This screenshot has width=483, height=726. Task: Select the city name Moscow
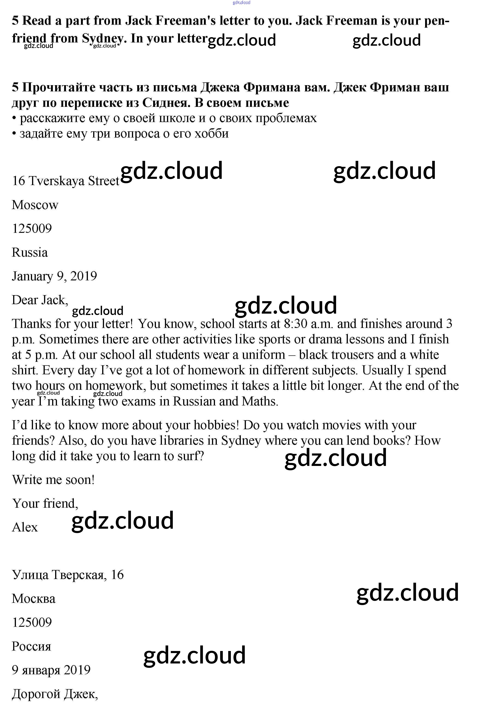[x=35, y=205]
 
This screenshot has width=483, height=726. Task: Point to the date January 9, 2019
[x=54, y=276]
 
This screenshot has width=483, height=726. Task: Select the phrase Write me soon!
[x=53, y=480]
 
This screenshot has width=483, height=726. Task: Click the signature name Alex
[x=25, y=527]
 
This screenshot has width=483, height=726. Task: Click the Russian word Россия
[x=31, y=646]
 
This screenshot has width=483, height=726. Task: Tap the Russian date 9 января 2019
[x=51, y=670]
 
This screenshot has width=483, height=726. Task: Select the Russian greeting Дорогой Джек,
[x=55, y=694]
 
